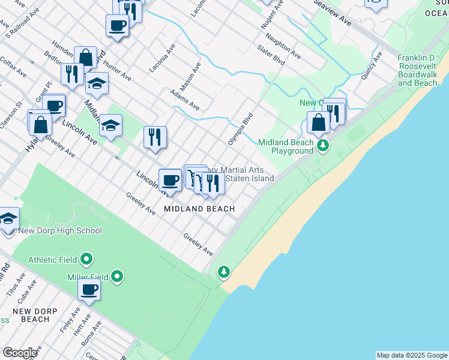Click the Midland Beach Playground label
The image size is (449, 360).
click(x=286, y=146)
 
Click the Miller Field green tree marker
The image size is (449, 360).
click(x=117, y=277)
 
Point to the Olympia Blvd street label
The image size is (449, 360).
click(x=240, y=128)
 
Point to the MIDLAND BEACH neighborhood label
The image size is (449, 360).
click(x=199, y=208)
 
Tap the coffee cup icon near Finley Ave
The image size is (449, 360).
click(x=89, y=290)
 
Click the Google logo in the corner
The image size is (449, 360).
click(x=20, y=353)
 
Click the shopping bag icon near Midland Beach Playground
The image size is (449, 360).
click(x=318, y=123)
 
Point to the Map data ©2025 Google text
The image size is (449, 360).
click(x=412, y=355)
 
